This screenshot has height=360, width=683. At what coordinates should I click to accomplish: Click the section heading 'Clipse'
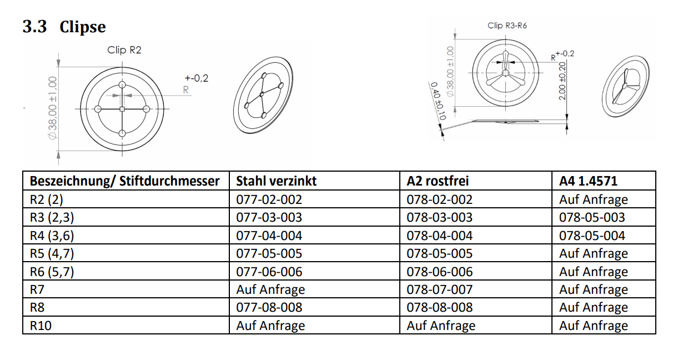click(x=83, y=27)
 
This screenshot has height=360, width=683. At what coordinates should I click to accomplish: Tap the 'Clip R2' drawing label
click(x=124, y=50)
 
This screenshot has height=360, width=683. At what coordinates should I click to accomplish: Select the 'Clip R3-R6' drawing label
click(x=507, y=26)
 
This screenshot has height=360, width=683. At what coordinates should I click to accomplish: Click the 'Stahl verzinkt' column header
click(x=276, y=181)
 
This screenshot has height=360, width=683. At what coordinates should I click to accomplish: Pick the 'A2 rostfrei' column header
click(x=438, y=181)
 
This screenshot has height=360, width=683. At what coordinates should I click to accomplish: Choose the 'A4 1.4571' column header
click(x=588, y=181)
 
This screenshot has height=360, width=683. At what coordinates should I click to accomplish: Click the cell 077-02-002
click(x=269, y=199)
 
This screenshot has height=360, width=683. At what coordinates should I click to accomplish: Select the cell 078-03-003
click(x=439, y=217)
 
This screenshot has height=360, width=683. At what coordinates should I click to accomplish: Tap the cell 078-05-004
click(x=592, y=236)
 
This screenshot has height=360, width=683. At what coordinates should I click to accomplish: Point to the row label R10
click(x=41, y=326)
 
